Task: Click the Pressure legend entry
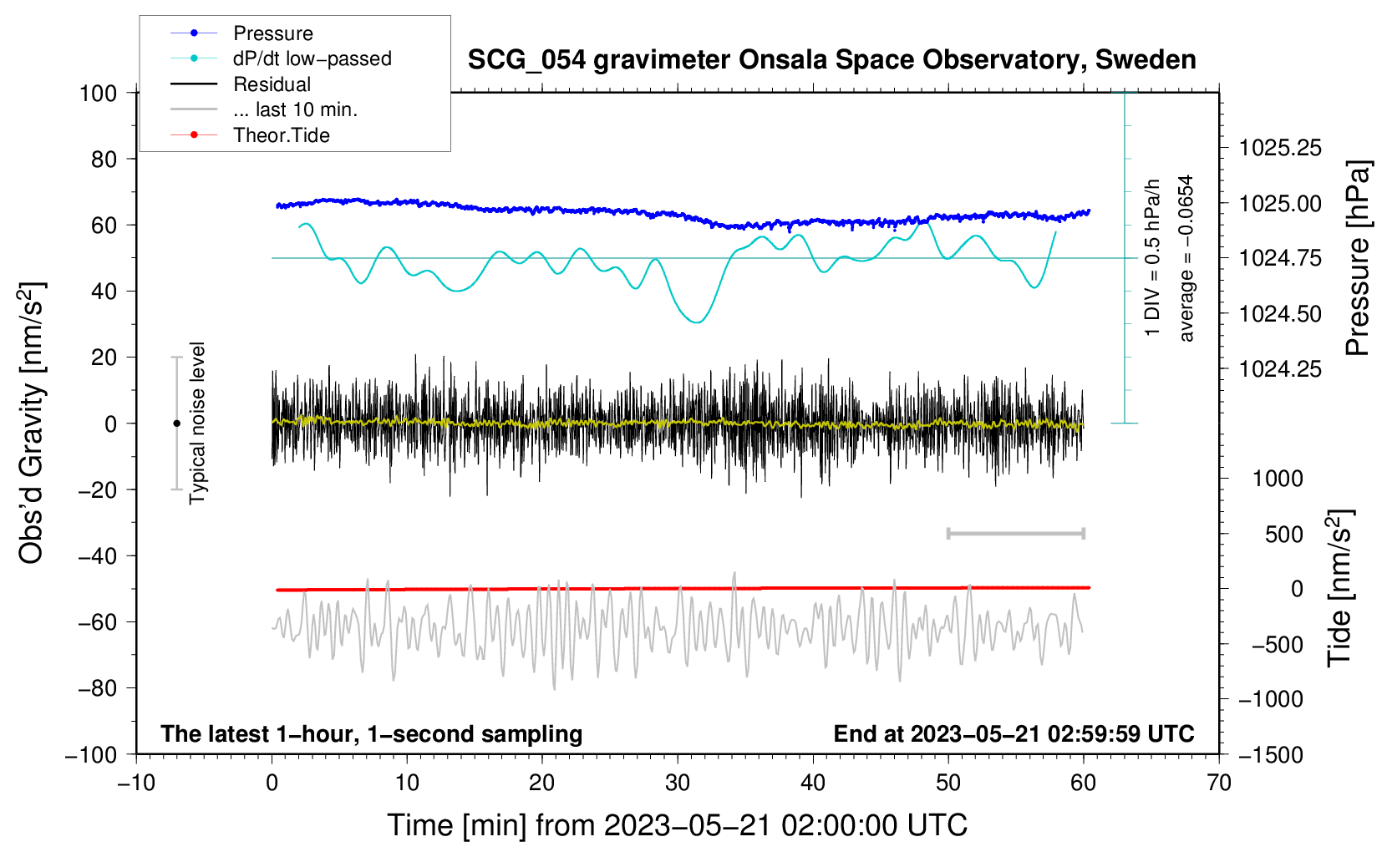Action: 272,33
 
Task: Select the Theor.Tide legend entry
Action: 281,135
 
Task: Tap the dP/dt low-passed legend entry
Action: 312,58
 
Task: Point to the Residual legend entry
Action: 272,84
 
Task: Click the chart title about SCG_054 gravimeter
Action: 831,60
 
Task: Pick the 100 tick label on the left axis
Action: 98,93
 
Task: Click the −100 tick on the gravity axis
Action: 92,754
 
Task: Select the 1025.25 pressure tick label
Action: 1280,149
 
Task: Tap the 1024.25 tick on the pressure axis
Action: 1280,369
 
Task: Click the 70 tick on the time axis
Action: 1219,783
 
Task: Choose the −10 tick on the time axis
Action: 136,783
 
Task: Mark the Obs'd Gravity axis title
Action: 32,423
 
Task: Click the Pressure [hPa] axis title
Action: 1359,258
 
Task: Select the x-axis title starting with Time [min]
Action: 677,825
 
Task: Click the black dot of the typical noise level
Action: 176,423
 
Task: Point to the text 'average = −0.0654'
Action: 1186,258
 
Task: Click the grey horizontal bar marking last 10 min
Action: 1015,533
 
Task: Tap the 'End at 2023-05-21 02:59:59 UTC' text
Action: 1014,734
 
